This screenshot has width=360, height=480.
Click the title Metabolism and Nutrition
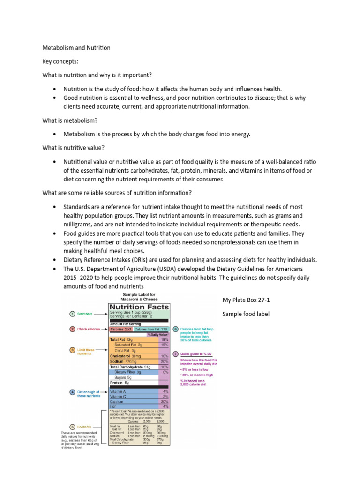[x=76, y=48]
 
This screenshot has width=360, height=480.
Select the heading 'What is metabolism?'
[x=70, y=120]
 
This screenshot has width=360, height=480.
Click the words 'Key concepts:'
[x=60, y=61]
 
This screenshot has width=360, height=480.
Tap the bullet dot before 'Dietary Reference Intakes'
[x=55, y=260]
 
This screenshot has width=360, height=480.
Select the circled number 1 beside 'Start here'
[x=73, y=314]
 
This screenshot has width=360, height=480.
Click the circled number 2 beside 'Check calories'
[x=73, y=329]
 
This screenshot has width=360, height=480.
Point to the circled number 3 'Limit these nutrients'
[x=73, y=350]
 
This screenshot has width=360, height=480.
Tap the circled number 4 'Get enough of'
[x=73, y=391]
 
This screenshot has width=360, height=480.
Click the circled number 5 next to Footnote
[x=73, y=427]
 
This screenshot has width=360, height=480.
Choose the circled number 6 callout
[x=175, y=329]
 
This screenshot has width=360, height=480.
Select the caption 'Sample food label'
[x=246, y=314]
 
